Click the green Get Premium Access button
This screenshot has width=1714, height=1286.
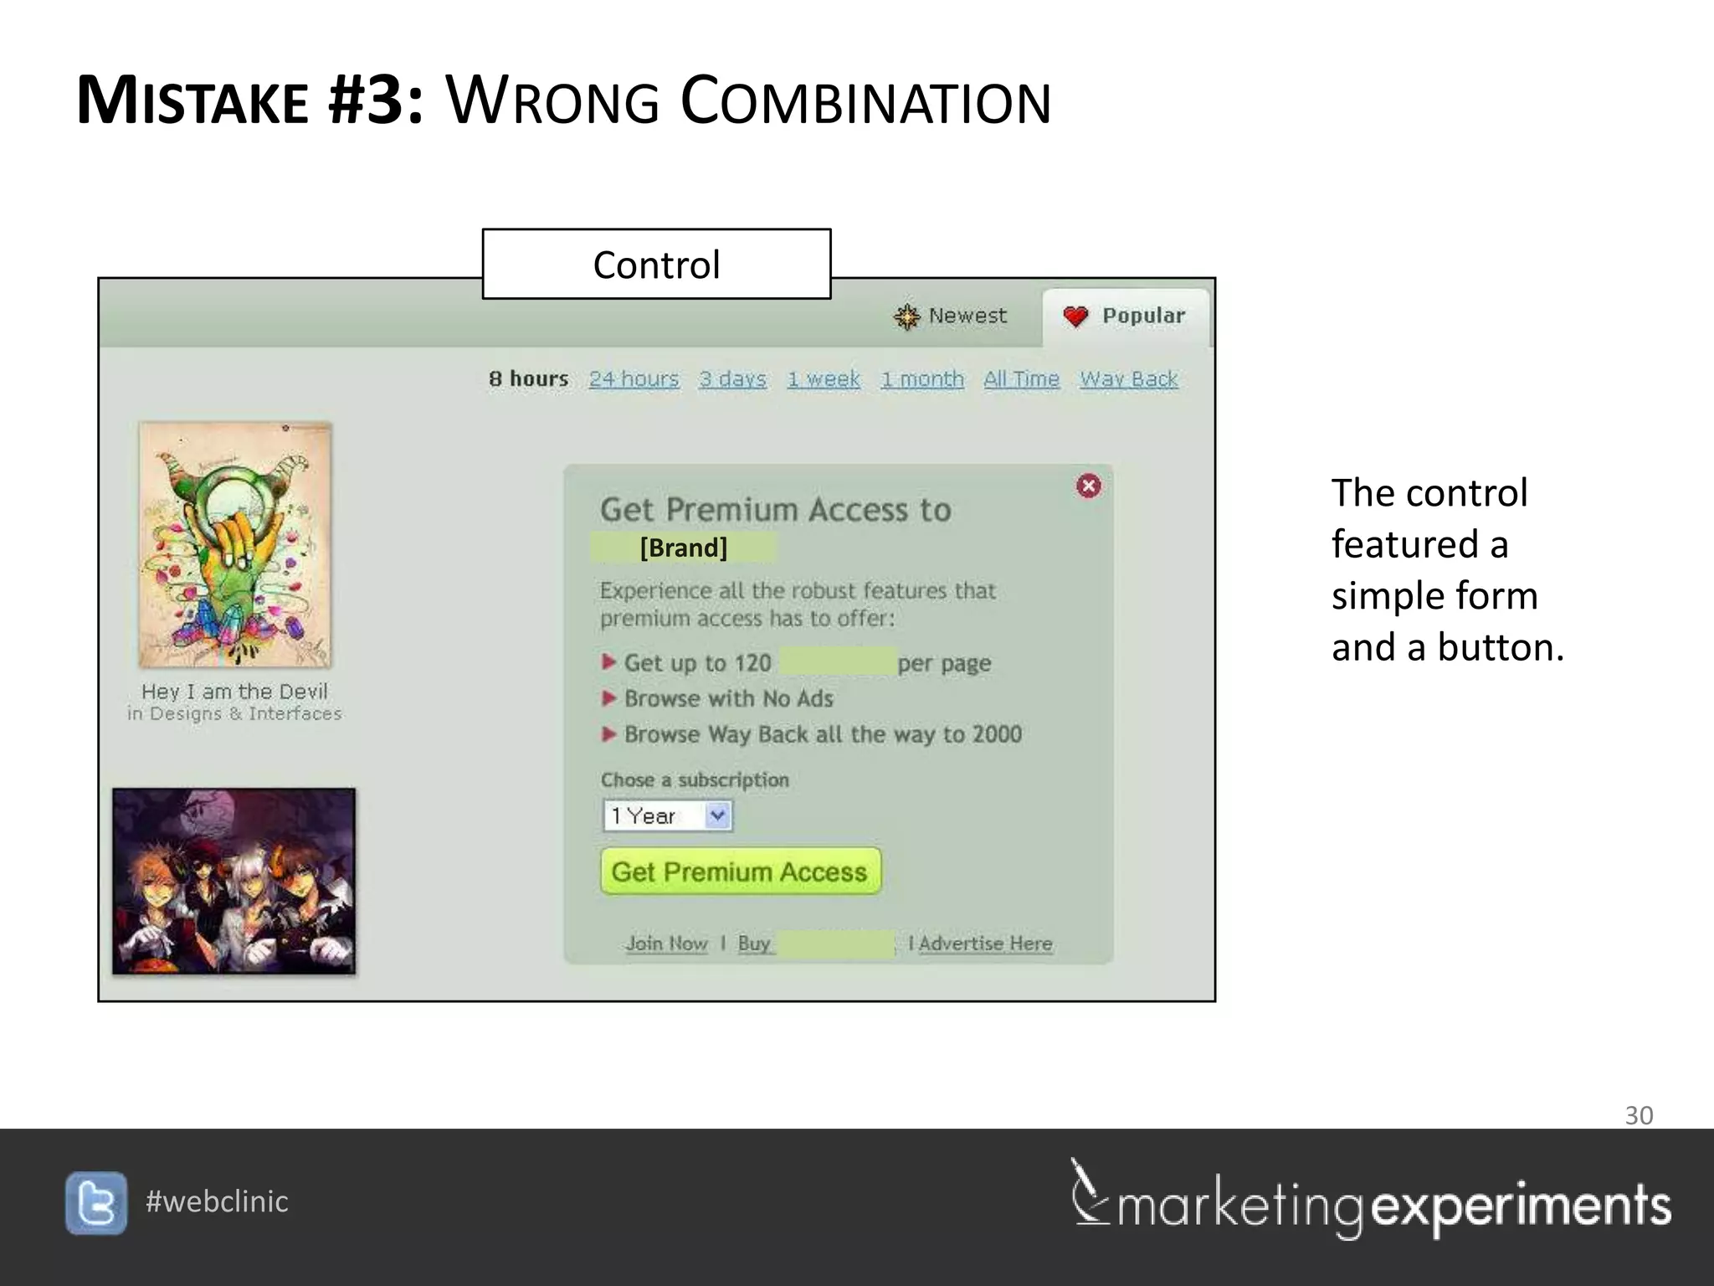tap(740, 872)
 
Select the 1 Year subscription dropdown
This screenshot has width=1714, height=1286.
tap(667, 815)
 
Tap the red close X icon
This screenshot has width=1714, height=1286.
tap(1088, 486)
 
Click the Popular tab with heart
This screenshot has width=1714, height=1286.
tap(1126, 316)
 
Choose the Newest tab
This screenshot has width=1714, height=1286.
tap(951, 316)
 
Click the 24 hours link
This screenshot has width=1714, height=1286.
tap(634, 379)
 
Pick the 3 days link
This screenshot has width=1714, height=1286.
tap(732, 379)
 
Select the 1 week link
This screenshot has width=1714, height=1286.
tap(824, 379)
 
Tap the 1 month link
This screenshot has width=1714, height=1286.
tap(921, 379)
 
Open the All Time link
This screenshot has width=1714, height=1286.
tap(1021, 379)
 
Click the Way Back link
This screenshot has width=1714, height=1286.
tap(1128, 379)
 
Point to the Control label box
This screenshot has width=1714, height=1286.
tap(656, 265)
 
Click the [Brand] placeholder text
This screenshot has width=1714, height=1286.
tap(683, 548)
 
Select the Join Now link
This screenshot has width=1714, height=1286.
tap(666, 944)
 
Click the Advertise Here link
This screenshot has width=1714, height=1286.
tap(985, 944)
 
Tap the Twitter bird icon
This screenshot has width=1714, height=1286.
tap(96, 1203)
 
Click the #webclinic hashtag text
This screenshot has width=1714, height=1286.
tap(217, 1201)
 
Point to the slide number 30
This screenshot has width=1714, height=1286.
tap(1638, 1115)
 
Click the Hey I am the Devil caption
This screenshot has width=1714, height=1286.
tap(234, 692)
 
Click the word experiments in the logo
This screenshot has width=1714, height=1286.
tap(1521, 1206)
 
